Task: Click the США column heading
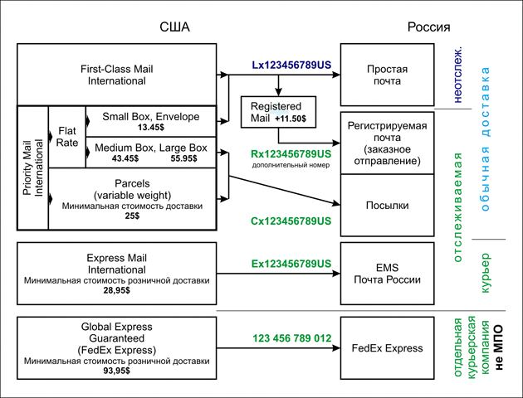(x=174, y=27)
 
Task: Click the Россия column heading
(x=428, y=27)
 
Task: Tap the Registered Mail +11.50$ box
(x=277, y=113)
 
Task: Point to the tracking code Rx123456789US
(x=291, y=154)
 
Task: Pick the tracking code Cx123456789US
(x=291, y=221)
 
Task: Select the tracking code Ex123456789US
(x=291, y=263)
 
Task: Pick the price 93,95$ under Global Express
(x=116, y=370)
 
